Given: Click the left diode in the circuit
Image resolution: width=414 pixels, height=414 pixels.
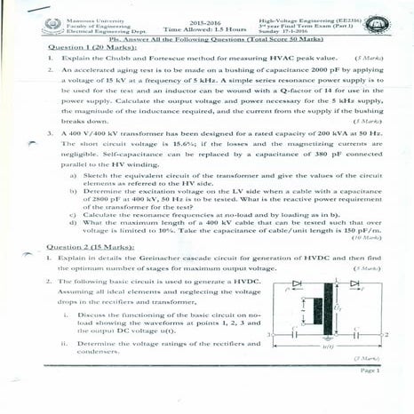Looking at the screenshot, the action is pyautogui.click(x=307, y=283).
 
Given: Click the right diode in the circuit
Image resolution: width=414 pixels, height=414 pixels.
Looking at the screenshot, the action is pyautogui.click(x=353, y=283).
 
